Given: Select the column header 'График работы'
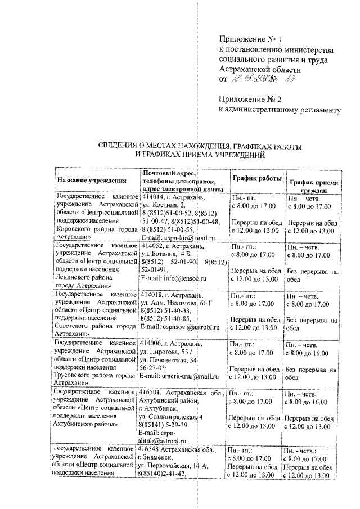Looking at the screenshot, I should click(x=256, y=178).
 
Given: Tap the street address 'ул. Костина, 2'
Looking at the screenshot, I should click(x=164, y=206).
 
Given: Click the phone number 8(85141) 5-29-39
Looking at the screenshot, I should click(x=165, y=425).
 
